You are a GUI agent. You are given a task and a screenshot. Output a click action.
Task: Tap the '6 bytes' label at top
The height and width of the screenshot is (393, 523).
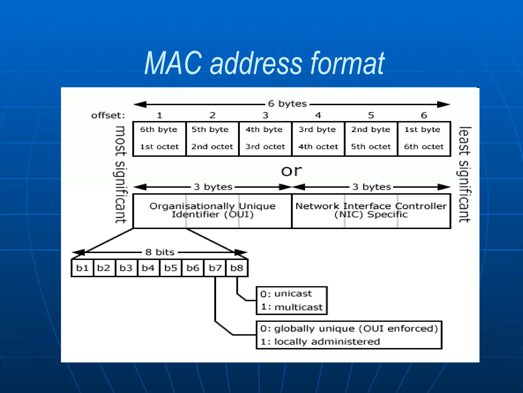point(287,104)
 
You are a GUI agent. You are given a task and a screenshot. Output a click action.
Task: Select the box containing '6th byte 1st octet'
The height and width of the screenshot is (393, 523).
point(159,139)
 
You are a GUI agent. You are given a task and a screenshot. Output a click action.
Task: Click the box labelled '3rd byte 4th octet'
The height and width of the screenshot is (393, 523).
point(318,139)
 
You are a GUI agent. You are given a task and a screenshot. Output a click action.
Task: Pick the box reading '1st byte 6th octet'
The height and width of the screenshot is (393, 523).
point(424,139)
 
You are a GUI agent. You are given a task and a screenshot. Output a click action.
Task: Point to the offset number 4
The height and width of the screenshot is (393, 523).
point(318,115)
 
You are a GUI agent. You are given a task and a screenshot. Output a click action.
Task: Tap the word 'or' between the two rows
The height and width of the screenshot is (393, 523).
point(291,171)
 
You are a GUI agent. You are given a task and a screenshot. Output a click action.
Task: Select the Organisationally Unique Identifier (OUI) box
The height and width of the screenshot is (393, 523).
point(212,211)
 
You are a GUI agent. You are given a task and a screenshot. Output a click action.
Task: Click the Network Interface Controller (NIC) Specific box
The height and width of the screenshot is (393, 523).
point(371,211)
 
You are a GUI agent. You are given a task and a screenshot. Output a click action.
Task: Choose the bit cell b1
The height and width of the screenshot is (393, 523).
point(82,268)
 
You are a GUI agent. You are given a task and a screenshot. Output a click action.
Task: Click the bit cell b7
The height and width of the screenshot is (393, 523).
point(215,268)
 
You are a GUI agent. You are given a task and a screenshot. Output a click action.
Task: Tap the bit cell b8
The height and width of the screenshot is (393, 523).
point(237,268)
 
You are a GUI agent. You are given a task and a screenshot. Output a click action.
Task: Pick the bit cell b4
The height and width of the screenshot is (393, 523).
point(148,268)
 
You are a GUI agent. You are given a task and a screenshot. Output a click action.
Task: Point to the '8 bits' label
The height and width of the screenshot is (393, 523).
point(160,252)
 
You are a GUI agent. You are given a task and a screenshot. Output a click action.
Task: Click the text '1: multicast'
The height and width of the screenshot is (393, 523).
point(292,307)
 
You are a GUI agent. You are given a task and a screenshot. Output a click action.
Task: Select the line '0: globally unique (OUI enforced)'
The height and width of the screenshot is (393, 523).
point(349,329)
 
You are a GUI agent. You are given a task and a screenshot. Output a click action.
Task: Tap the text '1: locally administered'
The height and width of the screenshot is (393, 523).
point(320,342)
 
